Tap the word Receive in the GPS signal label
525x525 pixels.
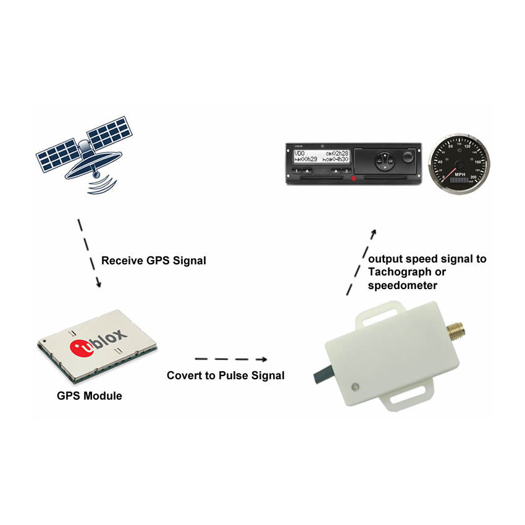click(x=122, y=261)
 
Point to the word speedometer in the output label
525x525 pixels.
click(x=402, y=286)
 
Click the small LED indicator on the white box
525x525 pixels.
click(x=356, y=387)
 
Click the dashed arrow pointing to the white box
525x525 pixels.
click(x=231, y=359)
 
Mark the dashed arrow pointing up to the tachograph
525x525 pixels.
click(x=362, y=259)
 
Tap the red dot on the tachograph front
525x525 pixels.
click(x=354, y=178)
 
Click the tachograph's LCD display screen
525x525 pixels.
click(x=321, y=156)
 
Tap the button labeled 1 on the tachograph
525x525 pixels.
click(x=297, y=170)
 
